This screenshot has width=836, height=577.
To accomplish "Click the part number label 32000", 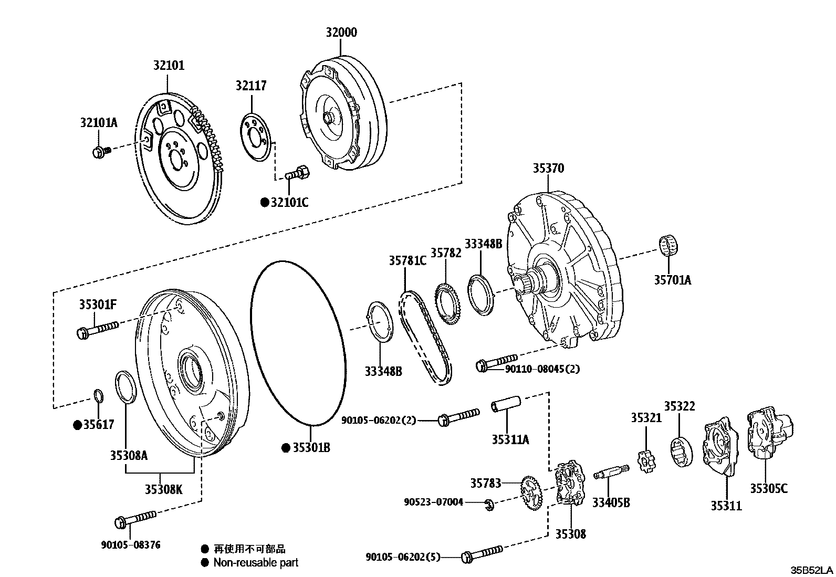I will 341,33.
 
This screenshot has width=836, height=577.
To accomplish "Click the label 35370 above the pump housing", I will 548,169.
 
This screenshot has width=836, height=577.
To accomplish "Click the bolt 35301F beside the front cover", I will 98,330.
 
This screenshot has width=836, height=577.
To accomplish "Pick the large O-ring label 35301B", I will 311,448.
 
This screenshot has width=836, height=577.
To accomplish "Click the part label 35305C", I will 768,488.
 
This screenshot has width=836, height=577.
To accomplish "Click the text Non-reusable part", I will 256,562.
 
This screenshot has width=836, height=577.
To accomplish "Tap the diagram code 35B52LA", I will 812,570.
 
